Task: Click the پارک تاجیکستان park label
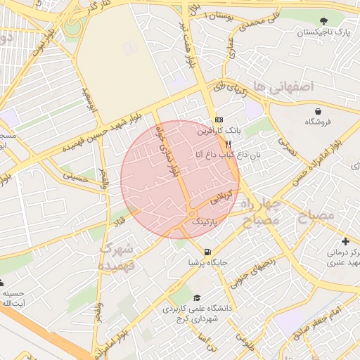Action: click(323, 33)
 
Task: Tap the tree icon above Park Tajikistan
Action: click(323, 21)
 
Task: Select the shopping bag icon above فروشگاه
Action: click(319, 111)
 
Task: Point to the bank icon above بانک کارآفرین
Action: click(218, 120)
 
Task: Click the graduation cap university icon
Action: click(197, 297)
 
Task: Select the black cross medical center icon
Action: click(345, 240)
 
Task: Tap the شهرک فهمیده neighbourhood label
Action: click(117, 257)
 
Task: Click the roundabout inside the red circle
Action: click(191, 214)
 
